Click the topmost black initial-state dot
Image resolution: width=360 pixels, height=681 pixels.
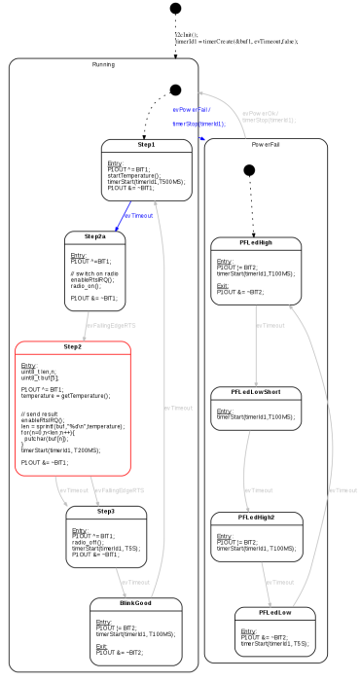(175, 9)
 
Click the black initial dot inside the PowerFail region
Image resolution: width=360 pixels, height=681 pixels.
(249, 170)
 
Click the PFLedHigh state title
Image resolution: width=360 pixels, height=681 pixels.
(255, 242)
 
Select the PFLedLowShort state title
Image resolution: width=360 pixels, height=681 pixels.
(256, 393)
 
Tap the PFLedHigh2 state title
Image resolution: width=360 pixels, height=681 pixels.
(256, 517)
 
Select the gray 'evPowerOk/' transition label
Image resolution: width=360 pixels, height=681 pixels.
(260, 113)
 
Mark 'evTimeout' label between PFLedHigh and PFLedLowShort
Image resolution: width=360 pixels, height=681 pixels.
(272, 324)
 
